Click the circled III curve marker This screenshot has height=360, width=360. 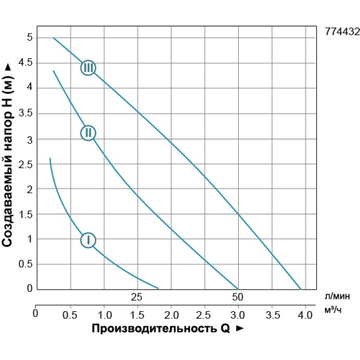click(88, 68)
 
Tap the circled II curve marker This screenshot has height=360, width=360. click(88, 133)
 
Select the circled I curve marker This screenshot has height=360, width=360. click(88, 240)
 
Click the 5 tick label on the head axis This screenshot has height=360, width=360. click(29, 38)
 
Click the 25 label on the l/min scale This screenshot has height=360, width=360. click(136, 297)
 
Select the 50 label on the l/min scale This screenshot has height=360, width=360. click(237, 297)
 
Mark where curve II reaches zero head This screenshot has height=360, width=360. click(238, 289)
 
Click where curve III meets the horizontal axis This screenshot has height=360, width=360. click(300, 289)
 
